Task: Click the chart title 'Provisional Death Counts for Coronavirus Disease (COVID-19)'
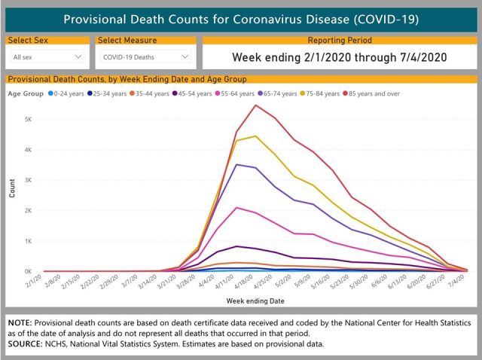(x=240, y=18)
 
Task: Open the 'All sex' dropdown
(x=47, y=56)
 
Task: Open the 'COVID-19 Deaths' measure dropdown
(x=146, y=56)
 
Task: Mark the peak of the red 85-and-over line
(x=256, y=105)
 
